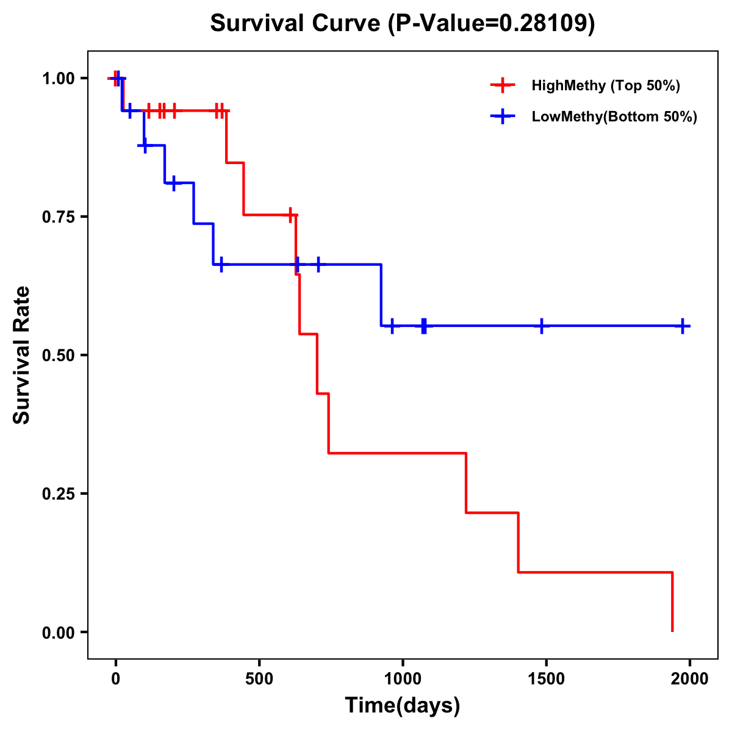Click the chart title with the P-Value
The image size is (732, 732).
[x=402, y=23]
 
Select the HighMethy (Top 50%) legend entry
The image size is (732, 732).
[x=605, y=85]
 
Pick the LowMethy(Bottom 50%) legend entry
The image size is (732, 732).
[x=614, y=117]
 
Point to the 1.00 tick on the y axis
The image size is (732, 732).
[x=58, y=78]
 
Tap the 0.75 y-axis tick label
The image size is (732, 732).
[x=58, y=217]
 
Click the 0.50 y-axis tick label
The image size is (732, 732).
[x=58, y=355]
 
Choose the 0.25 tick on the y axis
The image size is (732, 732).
[x=58, y=493]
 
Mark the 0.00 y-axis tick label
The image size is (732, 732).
[x=58, y=632]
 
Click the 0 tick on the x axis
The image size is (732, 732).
[x=115, y=678]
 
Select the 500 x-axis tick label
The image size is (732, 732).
[x=259, y=678]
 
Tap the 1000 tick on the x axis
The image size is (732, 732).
[x=403, y=678]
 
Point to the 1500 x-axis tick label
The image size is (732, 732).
[x=546, y=678]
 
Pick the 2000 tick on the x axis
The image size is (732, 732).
[x=690, y=678]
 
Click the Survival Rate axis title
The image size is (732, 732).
[x=22, y=355]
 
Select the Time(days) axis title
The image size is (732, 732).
[x=403, y=706]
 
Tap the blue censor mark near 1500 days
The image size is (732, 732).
[x=541, y=326]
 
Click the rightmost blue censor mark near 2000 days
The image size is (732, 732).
[x=683, y=326]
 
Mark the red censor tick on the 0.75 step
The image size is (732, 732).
[x=290, y=215]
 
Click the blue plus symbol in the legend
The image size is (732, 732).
[x=503, y=117]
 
